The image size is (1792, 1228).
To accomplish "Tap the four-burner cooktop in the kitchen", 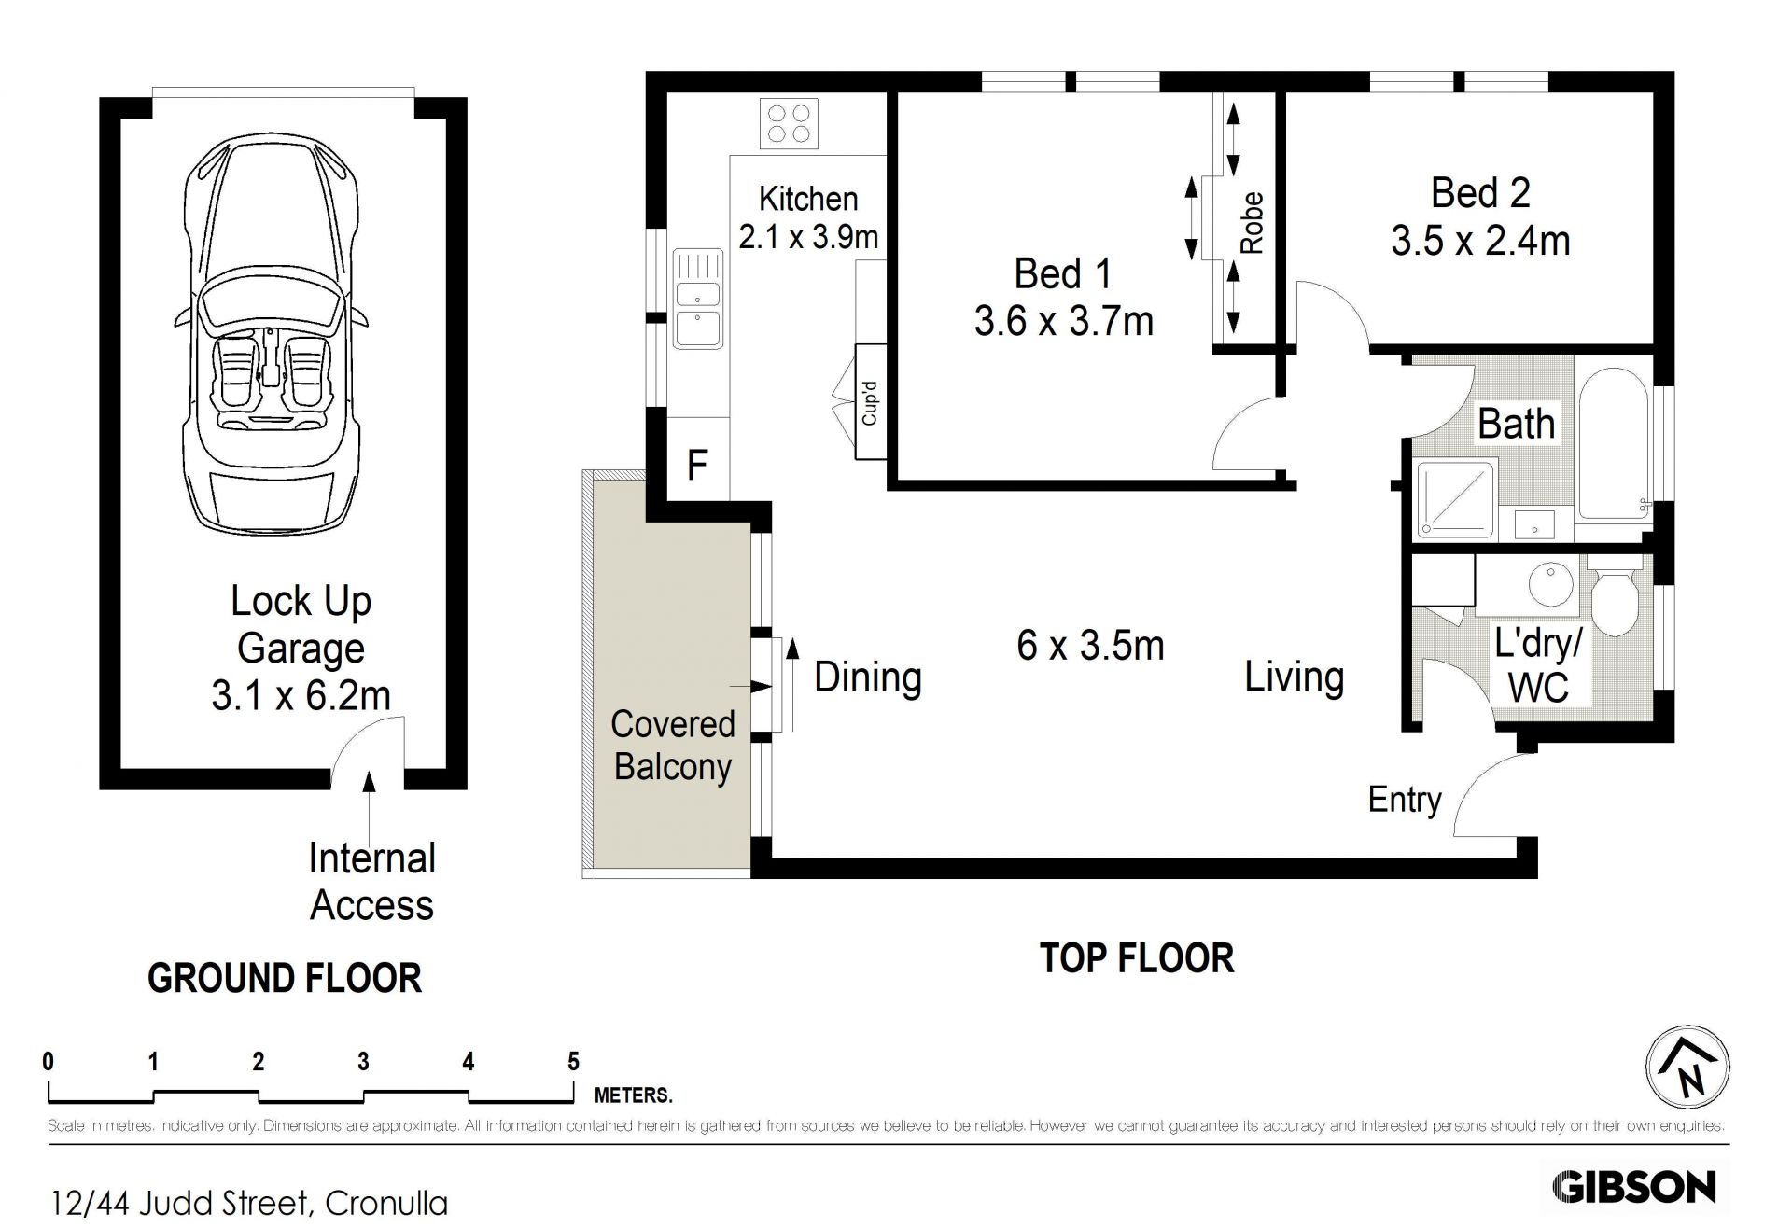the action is [789, 122].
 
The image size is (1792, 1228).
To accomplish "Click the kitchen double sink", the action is [697, 299].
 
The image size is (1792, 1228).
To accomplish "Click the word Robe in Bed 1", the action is [1252, 223].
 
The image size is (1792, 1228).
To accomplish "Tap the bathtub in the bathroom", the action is [1613, 444].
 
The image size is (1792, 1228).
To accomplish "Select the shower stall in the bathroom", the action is [1456, 499].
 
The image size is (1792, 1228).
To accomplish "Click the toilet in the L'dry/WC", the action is [1615, 594].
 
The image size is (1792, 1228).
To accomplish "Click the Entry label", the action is [1405, 799].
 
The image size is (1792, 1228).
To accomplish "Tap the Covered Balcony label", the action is [672, 745].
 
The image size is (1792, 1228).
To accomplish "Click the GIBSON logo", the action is [1634, 1187].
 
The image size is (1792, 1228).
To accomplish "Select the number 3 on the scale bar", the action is [363, 1061].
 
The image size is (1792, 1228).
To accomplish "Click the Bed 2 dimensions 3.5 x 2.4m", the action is [1480, 241].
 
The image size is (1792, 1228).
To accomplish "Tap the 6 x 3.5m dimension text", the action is [1090, 646].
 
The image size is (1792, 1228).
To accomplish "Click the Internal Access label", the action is [371, 882].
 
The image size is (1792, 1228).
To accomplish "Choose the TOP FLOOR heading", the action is [1137, 958].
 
